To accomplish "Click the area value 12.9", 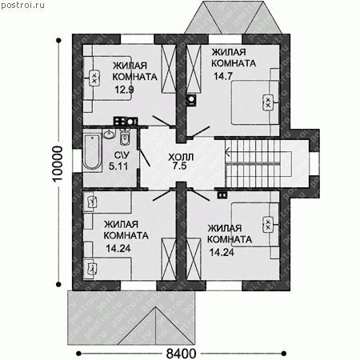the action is pyautogui.click(x=124, y=90).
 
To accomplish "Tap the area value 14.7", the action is pyautogui.click(x=223, y=76).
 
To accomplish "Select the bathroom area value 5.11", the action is pyautogui.click(x=118, y=166).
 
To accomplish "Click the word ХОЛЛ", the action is pyautogui.click(x=181, y=157).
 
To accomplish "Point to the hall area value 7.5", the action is pyautogui.click(x=179, y=166).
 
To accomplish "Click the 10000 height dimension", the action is pyautogui.click(x=58, y=164).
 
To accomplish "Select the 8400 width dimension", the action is pyautogui.click(x=181, y=354).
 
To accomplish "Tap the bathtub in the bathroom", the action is pyautogui.click(x=92, y=152).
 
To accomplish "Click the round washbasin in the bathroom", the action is pyautogui.click(x=109, y=134).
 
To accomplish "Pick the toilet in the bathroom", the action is pyautogui.click(x=125, y=137).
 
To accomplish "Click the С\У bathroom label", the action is pyautogui.click(x=122, y=155).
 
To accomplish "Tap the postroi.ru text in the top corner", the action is pyautogui.click(x=23, y=5).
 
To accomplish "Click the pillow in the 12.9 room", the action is pyautogui.click(x=94, y=78).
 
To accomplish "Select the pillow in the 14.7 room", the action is pyautogui.click(x=268, y=102).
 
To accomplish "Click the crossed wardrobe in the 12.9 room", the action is pyautogui.click(x=169, y=69).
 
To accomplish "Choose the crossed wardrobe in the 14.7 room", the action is pyautogui.click(x=194, y=69).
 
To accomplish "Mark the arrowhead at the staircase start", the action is pyautogui.click(x=227, y=153).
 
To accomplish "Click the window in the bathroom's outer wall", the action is pyautogui.click(x=78, y=161).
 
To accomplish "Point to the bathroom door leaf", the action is pyautogui.click(x=144, y=157).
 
